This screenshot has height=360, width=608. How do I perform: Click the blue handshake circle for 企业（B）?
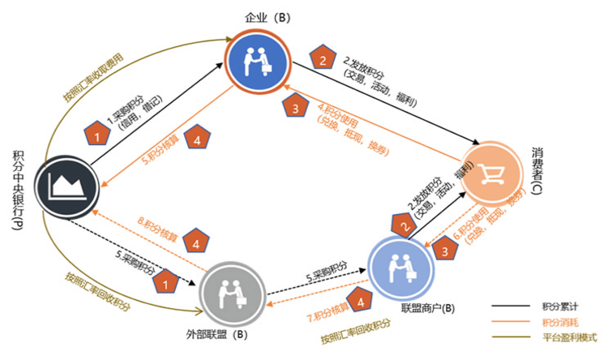[x=258, y=56]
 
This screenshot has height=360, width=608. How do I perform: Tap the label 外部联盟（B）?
[x=225, y=333]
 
